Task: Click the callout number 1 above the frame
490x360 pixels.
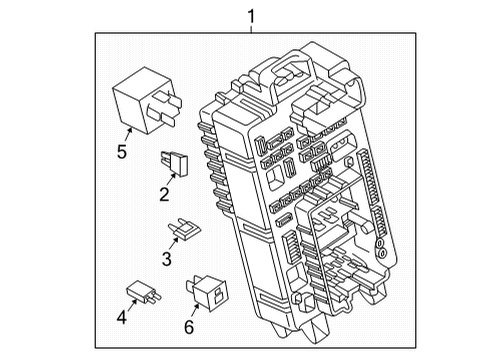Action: pyautogui.click(x=252, y=16)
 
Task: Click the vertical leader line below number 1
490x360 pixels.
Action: pyautogui.click(x=252, y=29)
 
